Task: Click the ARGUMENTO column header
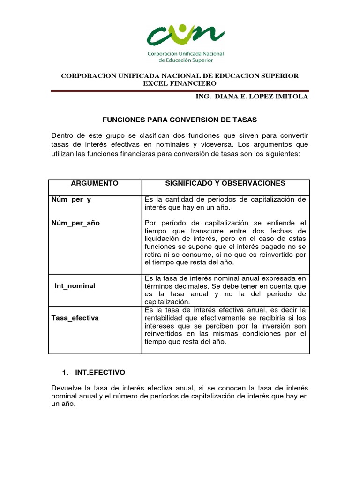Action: (95, 183)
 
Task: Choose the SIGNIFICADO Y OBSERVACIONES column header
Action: (225, 183)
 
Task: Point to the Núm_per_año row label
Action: (75, 223)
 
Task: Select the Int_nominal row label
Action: (75, 285)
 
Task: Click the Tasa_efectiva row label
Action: (75, 318)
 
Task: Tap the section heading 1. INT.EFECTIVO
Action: (94, 372)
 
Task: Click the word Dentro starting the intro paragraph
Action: (63, 136)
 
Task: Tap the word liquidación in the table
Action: (162, 239)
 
